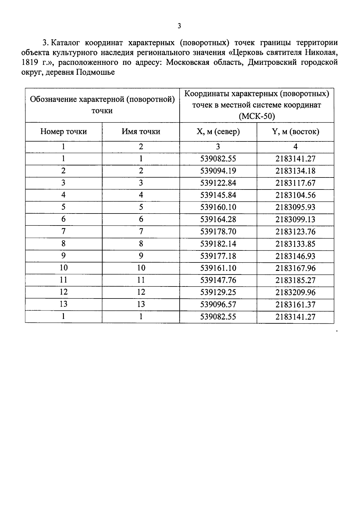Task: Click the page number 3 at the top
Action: coord(179,26)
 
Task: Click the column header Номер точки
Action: coord(64,132)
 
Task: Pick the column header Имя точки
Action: coord(141,132)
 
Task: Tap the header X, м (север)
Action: coord(218,132)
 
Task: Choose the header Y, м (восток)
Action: coord(295,132)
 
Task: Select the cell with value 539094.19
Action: coord(218,171)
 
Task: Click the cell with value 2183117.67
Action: coord(295,183)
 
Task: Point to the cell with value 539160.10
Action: coord(218,207)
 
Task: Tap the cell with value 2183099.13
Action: coord(295,220)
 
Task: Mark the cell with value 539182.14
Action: coord(218,244)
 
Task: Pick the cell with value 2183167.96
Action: coord(295,268)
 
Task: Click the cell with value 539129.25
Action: coord(218,292)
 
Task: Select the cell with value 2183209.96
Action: coord(295,292)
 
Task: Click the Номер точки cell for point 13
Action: coord(64,304)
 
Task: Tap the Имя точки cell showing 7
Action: coord(141,232)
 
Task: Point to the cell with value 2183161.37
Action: coord(295,304)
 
